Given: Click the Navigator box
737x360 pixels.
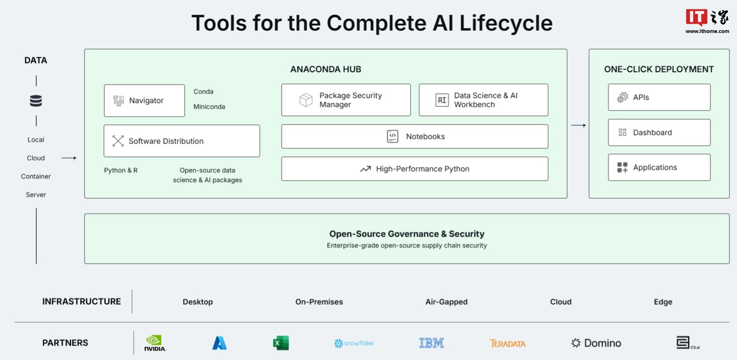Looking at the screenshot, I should (x=144, y=101).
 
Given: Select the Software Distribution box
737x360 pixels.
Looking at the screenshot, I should (x=182, y=141).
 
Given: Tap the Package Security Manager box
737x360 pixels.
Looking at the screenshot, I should (x=346, y=100).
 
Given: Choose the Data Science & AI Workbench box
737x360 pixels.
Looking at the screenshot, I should (x=483, y=100).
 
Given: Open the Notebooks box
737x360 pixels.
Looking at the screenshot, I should (x=415, y=137).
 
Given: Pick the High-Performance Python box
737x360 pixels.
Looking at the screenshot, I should (x=415, y=169).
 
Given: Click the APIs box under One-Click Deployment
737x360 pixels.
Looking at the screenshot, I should (x=659, y=97).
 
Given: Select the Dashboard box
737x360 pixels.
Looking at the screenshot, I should (x=659, y=133).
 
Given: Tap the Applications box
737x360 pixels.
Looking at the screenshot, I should (x=659, y=167).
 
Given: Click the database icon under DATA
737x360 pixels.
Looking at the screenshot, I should (x=36, y=101).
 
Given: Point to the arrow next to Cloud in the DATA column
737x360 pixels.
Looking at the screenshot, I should (x=69, y=158).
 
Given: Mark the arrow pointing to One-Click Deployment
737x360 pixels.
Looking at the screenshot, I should (x=578, y=125).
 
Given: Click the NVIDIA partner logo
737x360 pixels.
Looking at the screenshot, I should (x=155, y=343).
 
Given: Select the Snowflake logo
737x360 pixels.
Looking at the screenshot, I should (x=354, y=343).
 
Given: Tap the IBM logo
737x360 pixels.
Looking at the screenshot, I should (x=431, y=343).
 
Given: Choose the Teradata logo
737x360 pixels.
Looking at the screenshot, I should (x=507, y=344).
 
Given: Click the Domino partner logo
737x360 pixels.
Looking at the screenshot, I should (x=596, y=343).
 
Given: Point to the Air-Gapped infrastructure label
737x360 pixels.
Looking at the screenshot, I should (x=446, y=302).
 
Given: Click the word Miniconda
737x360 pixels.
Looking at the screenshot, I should (x=209, y=107).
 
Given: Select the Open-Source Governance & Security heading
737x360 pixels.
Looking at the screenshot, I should (x=407, y=234).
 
